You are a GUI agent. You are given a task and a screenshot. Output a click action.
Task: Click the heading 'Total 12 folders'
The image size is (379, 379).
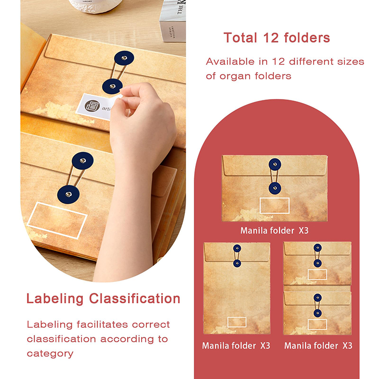point(277,38)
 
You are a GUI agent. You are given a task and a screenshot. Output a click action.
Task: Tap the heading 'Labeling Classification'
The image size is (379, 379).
point(103,298)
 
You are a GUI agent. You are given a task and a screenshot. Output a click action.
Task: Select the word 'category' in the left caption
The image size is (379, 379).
point(50,354)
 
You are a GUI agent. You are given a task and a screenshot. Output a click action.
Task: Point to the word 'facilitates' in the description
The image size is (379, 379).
point(102,325)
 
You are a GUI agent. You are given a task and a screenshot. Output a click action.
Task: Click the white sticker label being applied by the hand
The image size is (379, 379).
point(97,107)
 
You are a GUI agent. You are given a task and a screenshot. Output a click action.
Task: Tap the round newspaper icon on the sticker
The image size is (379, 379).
point(92,106)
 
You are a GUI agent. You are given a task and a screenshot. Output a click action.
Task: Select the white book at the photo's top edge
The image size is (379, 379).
point(172,20)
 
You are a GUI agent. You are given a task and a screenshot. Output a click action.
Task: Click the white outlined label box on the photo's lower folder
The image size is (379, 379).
point(57,220)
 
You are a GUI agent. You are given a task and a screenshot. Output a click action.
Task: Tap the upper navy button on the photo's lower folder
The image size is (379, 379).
point(82,161)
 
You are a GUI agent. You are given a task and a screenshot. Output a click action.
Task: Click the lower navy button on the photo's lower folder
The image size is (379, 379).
point(68,195)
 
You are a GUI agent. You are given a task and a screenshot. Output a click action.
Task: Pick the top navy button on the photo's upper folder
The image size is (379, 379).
point(124,58)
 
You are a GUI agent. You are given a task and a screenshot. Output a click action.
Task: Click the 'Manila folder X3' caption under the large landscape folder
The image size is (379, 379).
point(274,231)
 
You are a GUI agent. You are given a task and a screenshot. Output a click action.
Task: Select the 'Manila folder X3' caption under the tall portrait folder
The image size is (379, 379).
point(236,346)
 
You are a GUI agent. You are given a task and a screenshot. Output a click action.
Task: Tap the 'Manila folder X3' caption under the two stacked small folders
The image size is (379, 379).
point(318,346)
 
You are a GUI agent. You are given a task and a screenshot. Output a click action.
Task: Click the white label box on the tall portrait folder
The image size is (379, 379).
point(237,322)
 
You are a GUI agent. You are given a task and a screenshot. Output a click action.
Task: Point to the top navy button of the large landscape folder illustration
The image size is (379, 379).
point(275,164)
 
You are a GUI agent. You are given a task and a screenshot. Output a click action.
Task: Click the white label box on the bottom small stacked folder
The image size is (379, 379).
point(317,324)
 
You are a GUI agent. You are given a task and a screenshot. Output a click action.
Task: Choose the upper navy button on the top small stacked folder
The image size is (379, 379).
point(317,248)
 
